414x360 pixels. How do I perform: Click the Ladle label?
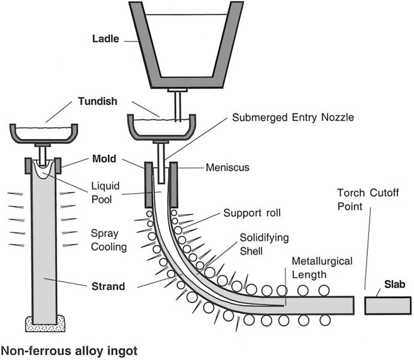click(106, 39)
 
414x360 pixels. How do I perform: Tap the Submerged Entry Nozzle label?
click(293, 118)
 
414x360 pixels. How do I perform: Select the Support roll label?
click(251, 213)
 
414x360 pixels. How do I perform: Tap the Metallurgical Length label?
click(321, 268)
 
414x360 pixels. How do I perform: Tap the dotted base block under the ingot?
click(45, 323)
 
